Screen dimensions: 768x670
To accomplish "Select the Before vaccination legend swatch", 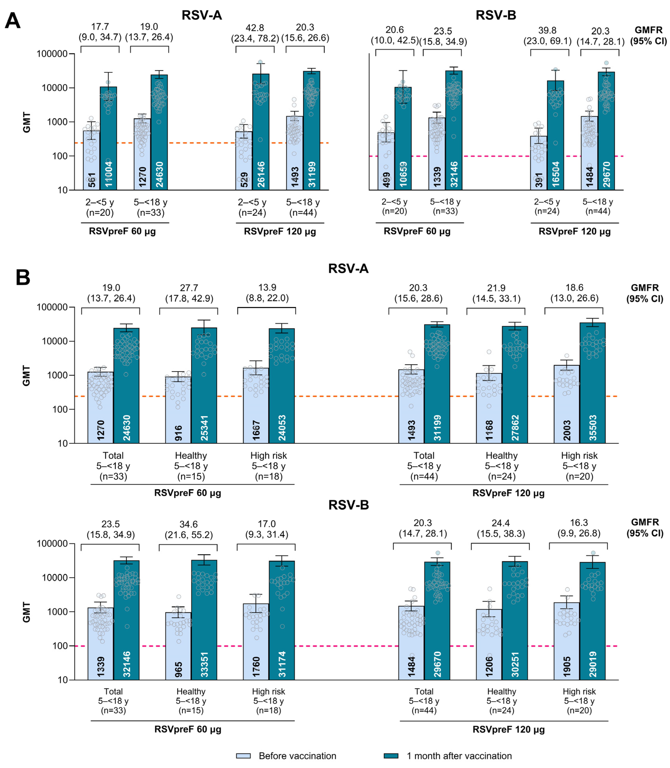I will point(243,756).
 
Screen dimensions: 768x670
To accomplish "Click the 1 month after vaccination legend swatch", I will point(391,756).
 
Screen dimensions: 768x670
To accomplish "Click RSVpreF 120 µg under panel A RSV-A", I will point(280,231).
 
